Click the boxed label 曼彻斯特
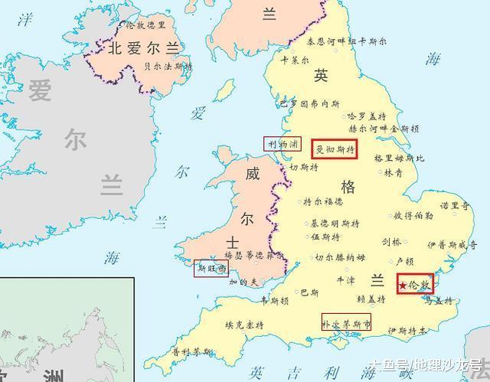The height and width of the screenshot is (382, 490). pyautogui.click(x=335, y=149)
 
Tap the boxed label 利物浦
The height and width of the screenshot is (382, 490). pyautogui.click(x=283, y=143)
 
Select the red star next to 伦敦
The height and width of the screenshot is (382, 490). pyautogui.click(x=403, y=286)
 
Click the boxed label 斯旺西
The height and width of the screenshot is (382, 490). pyautogui.click(x=212, y=268)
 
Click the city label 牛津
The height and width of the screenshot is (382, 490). pyautogui.click(x=346, y=280)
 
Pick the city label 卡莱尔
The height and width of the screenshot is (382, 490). pyautogui.click(x=296, y=60)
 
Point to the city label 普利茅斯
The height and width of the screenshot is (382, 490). pyautogui.click(x=191, y=352)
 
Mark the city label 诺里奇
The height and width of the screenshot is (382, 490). pyautogui.click(x=454, y=207)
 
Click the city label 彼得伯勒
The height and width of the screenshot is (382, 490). pyautogui.click(x=413, y=215)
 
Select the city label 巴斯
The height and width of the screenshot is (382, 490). pyautogui.click(x=309, y=292)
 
